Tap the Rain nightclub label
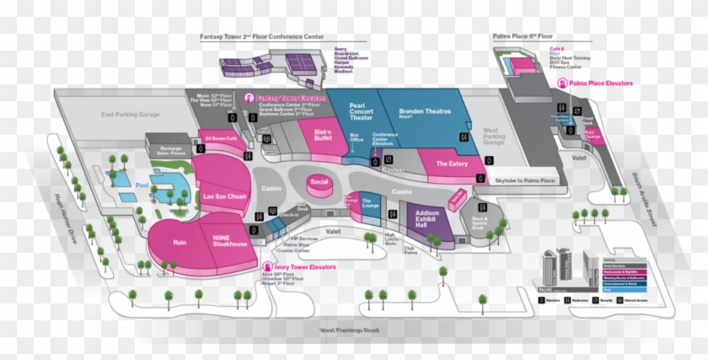point(180,241)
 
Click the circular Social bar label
point(319,182)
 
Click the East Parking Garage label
point(131,114)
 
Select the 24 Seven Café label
point(221,138)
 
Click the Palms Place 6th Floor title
point(523,37)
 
